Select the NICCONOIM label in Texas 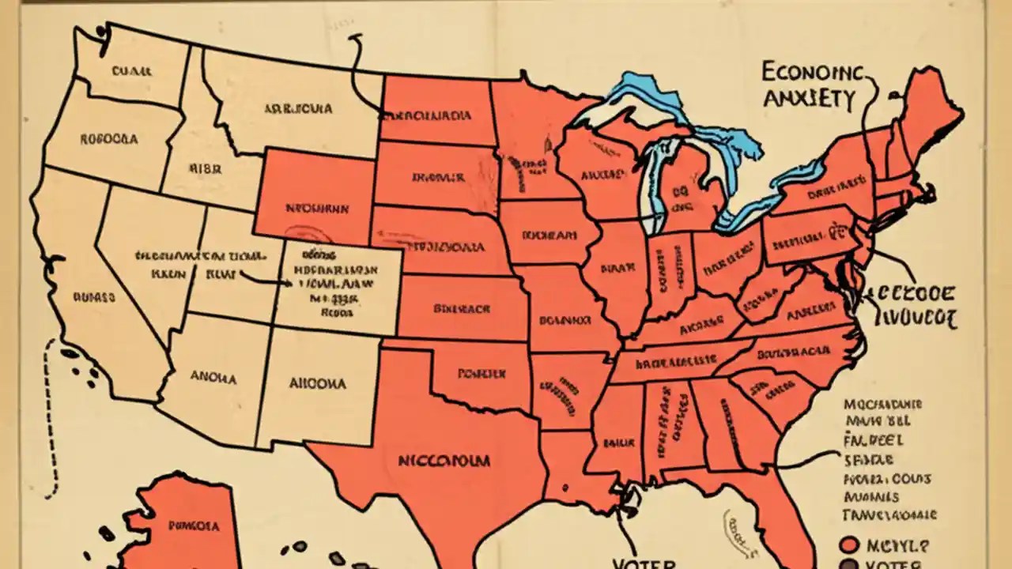click(x=444, y=460)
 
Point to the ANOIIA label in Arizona click(x=213, y=378)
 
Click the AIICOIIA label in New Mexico click(x=316, y=383)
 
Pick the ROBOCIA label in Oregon click(x=108, y=139)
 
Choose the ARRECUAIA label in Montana click(x=298, y=108)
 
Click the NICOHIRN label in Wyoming click(x=316, y=210)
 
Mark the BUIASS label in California click(x=94, y=299)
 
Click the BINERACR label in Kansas click(x=462, y=308)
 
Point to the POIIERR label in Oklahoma click(x=481, y=372)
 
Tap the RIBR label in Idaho click(x=205, y=168)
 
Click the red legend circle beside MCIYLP click(x=848, y=545)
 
